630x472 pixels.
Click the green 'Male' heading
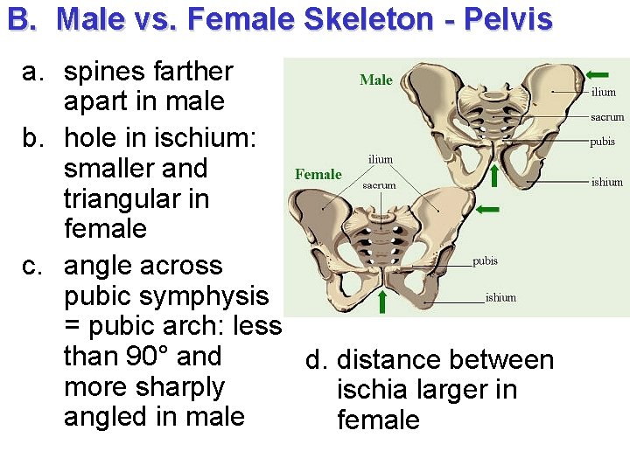click(x=376, y=80)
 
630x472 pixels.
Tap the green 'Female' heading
click(x=318, y=174)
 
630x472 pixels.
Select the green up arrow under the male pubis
click(x=494, y=175)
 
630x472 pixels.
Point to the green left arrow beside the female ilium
click(x=488, y=210)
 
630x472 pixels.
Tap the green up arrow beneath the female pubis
click(x=382, y=302)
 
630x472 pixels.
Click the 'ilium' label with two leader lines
click(x=380, y=159)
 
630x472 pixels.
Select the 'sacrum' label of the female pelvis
click(x=379, y=185)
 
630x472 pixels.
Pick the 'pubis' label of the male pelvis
click(x=603, y=141)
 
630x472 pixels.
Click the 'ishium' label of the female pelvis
click(x=500, y=297)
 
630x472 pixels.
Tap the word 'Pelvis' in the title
click(x=508, y=19)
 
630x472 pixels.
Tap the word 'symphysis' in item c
click(x=209, y=296)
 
